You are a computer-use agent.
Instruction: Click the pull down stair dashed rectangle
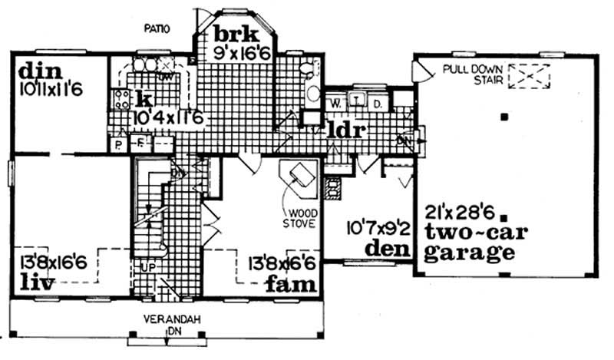pyautogui.click(x=530, y=77)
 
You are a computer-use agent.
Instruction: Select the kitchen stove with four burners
pyautogui.click(x=121, y=97)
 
